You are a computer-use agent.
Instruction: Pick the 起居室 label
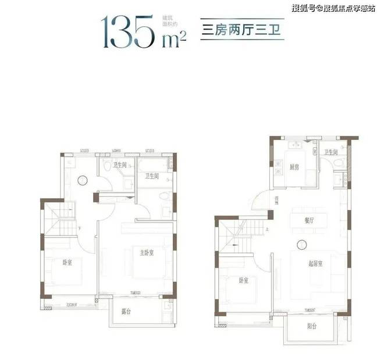tap(316, 264)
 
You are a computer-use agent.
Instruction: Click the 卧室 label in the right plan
tap(244, 281)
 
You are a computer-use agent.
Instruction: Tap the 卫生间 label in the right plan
tap(332, 152)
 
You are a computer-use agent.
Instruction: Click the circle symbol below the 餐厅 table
tap(301, 245)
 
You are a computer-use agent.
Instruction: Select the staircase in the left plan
tap(61, 216)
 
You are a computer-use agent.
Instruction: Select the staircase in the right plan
tap(236, 232)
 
